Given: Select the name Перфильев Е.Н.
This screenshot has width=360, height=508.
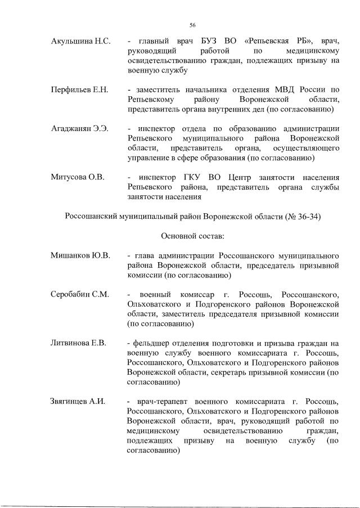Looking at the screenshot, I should click(79, 89).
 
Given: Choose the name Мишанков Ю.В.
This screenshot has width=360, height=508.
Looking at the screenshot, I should click(80, 255).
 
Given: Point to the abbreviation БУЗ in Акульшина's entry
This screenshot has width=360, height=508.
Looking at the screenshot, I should click(197, 42).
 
